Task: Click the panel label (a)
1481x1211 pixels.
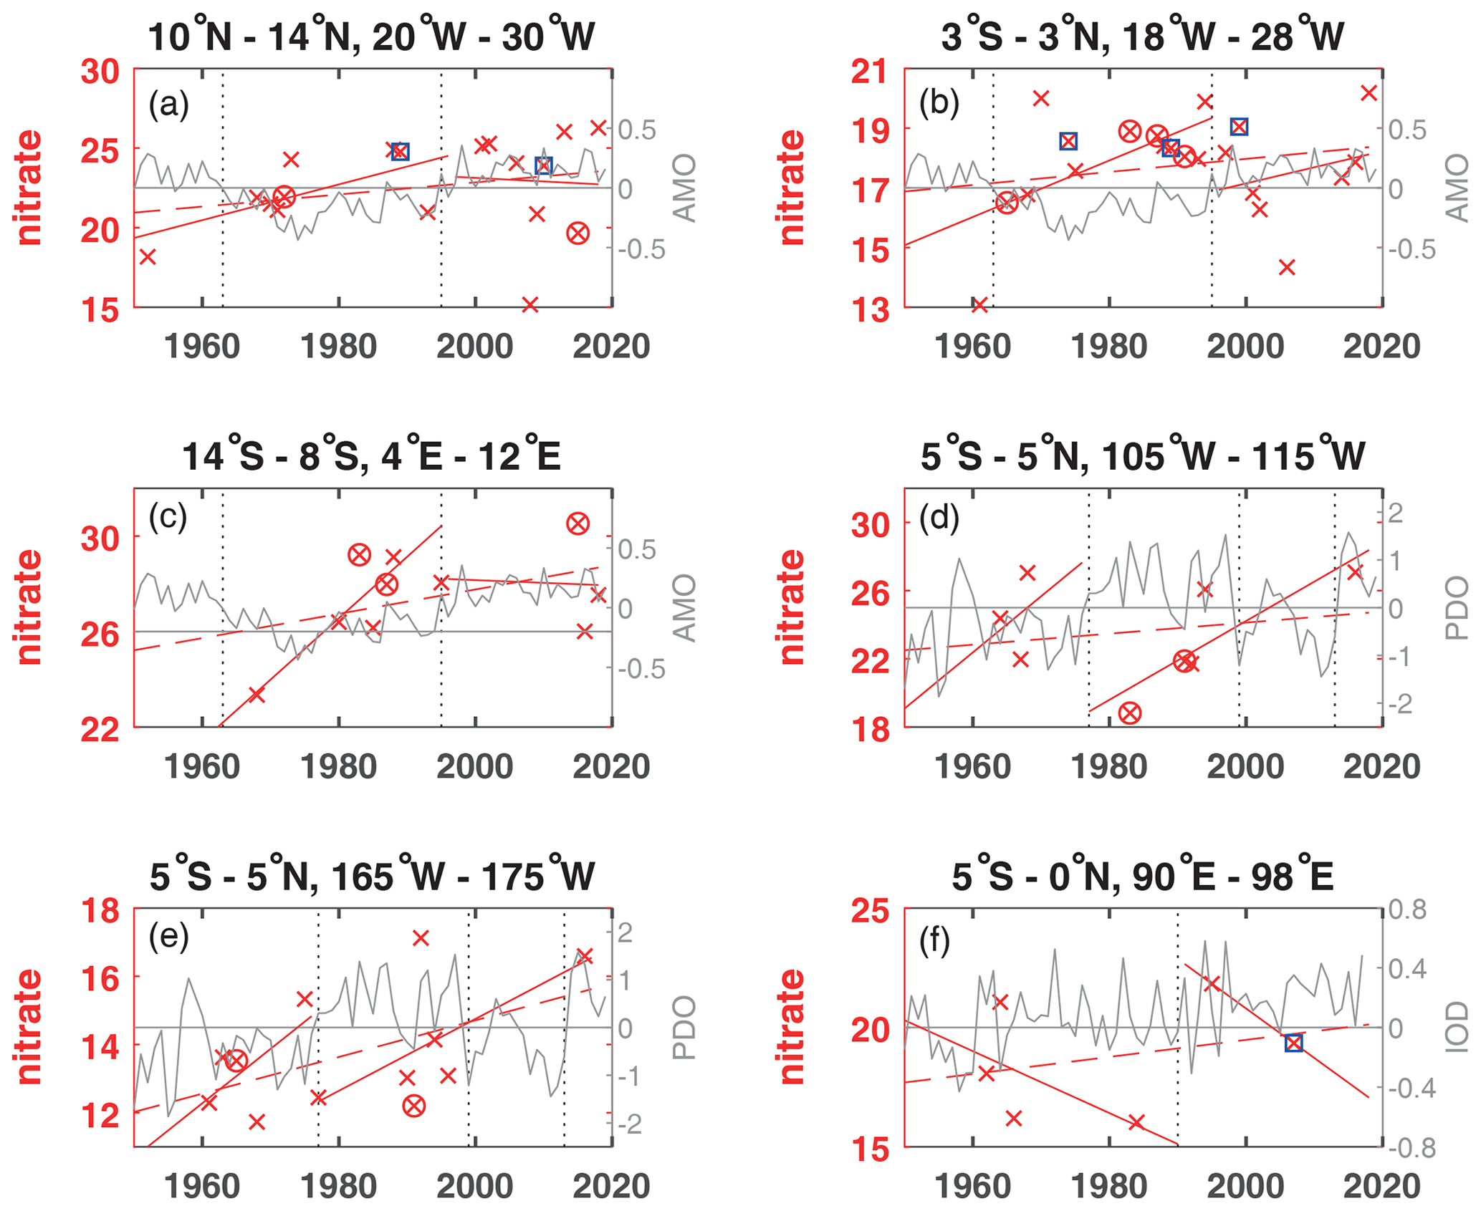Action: pos(168,105)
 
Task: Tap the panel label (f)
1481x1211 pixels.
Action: pos(934,941)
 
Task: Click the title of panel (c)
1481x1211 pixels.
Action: pos(371,455)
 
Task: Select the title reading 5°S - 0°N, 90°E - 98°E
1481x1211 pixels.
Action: pos(1142,875)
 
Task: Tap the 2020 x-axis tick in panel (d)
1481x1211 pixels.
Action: pos(1381,767)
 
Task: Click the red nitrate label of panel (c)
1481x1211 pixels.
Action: pos(29,607)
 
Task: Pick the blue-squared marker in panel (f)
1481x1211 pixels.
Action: pos(1293,1043)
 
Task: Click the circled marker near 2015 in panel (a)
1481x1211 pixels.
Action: pos(577,233)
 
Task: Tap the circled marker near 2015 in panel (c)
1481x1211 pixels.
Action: pos(577,524)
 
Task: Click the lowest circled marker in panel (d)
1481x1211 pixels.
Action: pos(1130,713)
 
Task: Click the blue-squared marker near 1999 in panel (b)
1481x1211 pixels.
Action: pos(1239,127)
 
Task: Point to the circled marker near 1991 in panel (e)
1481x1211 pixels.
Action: pos(413,1106)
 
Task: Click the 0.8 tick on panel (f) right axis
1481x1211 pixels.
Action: pos(1408,910)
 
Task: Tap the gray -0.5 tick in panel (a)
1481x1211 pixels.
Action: pos(636,250)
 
